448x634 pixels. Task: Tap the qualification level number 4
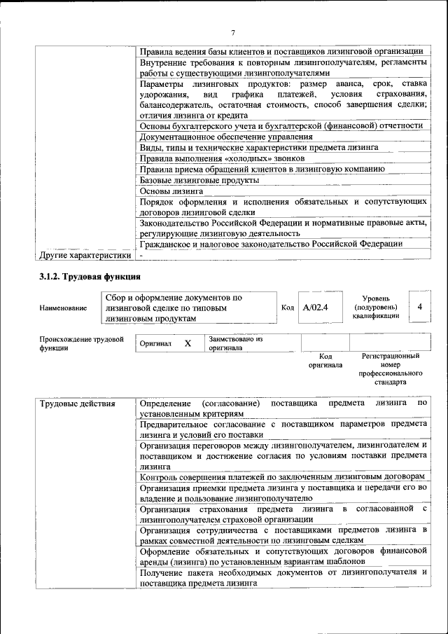(419, 307)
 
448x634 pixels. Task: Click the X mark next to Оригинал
(188, 343)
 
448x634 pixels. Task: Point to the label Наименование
(63, 308)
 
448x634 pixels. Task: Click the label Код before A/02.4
(288, 308)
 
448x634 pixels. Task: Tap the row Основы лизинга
(171, 191)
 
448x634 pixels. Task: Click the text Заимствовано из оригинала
(234, 343)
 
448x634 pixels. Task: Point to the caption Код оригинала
(325, 361)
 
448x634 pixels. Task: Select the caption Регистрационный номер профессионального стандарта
(391, 370)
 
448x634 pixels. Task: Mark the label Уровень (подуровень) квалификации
(376, 307)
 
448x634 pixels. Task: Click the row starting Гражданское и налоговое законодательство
(271, 244)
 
